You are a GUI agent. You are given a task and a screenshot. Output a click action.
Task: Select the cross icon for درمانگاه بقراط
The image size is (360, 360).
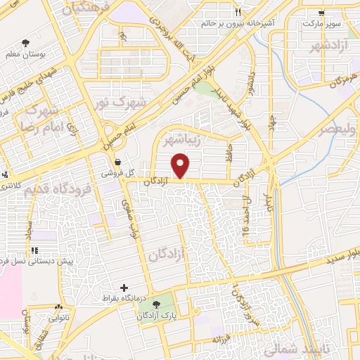click(124, 288)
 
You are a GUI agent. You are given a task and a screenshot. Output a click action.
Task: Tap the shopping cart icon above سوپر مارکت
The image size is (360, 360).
click(321, 13)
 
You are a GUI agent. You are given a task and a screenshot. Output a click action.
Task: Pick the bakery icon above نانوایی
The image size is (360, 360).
click(58, 308)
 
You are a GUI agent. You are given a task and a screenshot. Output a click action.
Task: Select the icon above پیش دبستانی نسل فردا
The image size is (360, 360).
click(34, 251)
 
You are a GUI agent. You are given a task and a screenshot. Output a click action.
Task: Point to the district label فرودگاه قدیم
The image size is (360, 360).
click(58, 188)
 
